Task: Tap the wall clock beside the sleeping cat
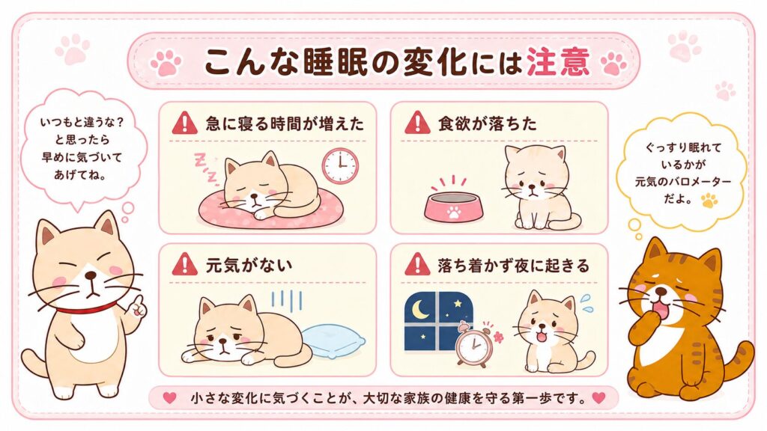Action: click(x=340, y=165)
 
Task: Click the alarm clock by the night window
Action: click(x=473, y=344)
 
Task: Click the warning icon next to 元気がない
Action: click(x=184, y=264)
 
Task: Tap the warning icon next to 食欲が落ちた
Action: click(x=417, y=123)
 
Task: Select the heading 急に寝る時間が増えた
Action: click(x=285, y=123)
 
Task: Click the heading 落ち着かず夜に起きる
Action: click(x=514, y=266)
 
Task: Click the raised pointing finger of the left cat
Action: click(x=139, y=304)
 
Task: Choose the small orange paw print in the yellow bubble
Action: click(x=709, y=200)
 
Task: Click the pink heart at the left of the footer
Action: click(x=169, y=398)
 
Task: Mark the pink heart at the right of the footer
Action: click(x=598, y=398)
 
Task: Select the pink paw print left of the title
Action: click(x=166, y=63)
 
